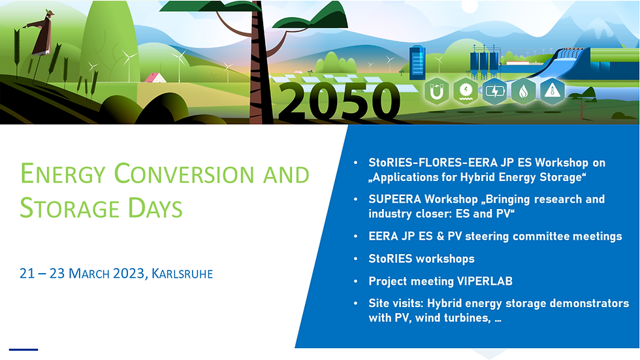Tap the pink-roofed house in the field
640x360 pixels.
pos(155,78)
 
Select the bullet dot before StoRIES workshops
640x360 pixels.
pos(355,259)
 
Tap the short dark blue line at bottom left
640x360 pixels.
pos(24,350)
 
